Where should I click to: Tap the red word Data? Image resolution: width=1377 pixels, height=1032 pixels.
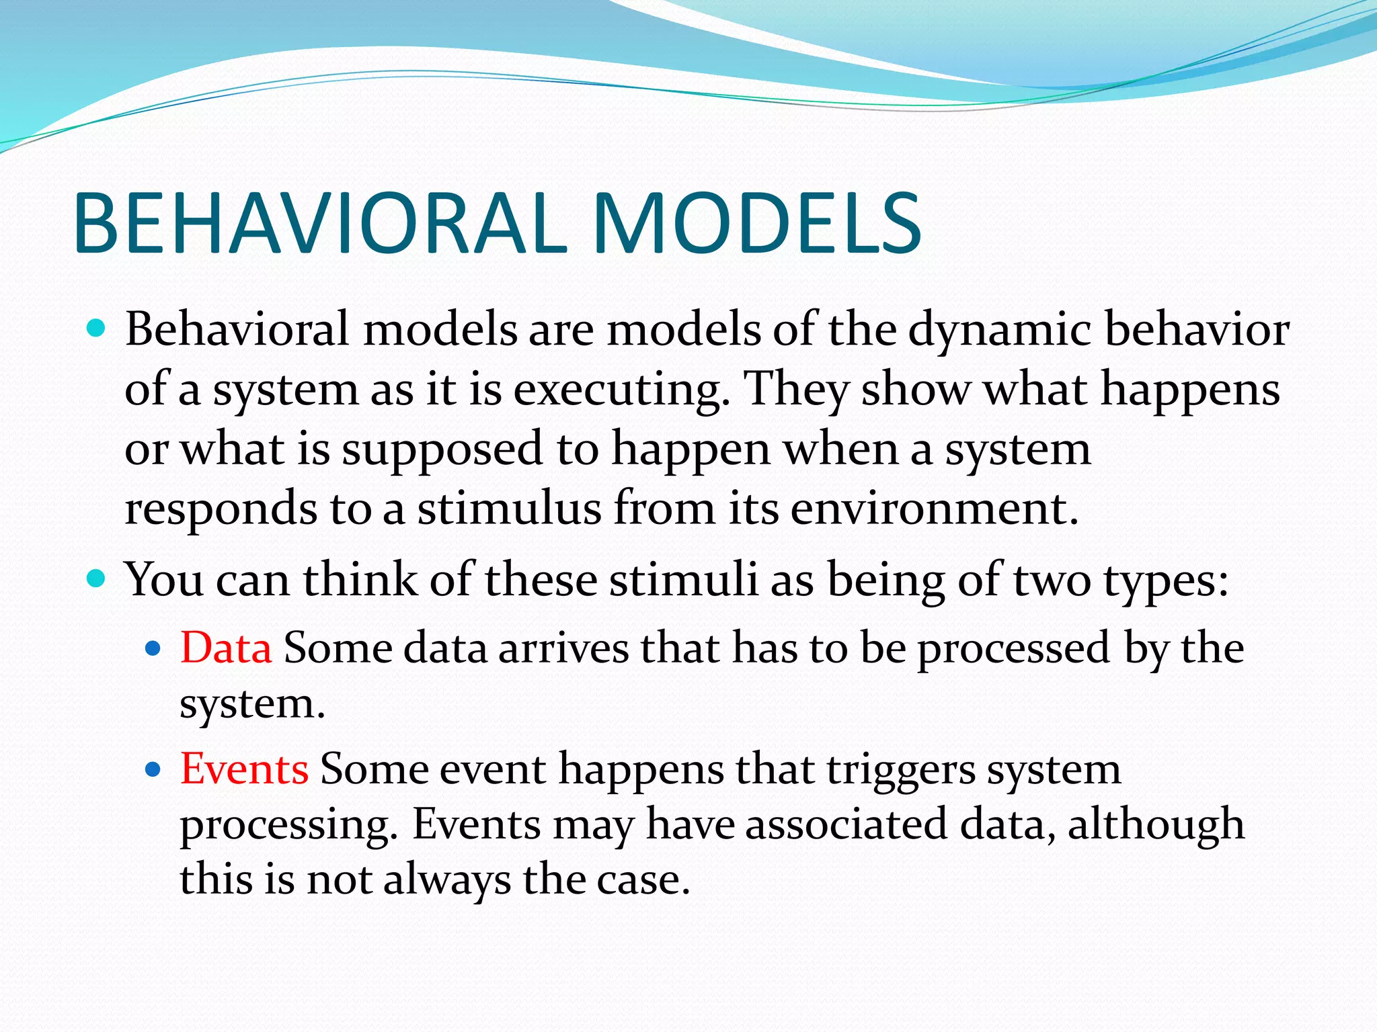[226, 648]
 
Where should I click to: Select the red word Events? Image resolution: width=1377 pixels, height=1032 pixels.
[244, 769]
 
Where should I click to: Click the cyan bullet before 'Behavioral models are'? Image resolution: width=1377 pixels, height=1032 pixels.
[97, 329]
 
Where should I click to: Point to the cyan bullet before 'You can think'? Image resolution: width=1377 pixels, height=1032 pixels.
[97, 578]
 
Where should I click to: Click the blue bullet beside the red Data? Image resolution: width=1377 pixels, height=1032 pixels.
[153, 648]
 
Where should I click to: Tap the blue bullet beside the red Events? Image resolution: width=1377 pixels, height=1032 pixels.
[153, 769]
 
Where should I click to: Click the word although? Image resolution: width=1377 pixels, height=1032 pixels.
[1156, 825]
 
